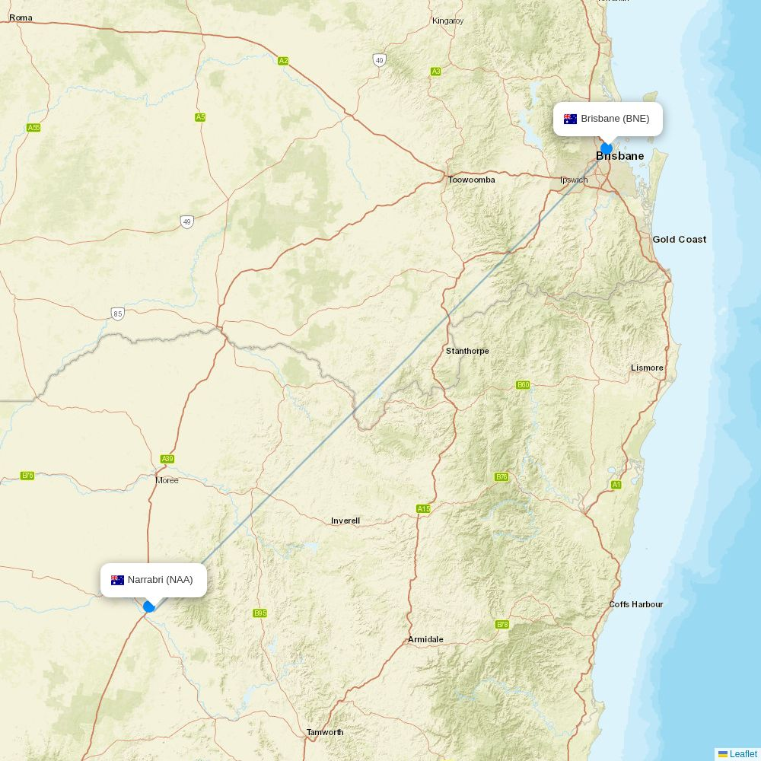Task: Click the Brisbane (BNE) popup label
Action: [607, 119]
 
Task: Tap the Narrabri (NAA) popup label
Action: [154, 580]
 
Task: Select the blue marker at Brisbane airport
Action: [607, 148]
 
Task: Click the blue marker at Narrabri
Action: [149, 607]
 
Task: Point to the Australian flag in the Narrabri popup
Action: [117, 580]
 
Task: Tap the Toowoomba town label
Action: [471, 180]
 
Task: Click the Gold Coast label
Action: [679, 239]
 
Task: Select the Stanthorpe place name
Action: [467, 351]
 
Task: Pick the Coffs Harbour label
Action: [635, 604]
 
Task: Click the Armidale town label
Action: [425, 639]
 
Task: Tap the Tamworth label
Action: [325, 732]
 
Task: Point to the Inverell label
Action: [345, 521]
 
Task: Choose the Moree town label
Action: [167, 480]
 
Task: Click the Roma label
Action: [21, 18]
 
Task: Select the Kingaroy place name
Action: [447, 21]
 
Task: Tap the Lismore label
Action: [647, 368]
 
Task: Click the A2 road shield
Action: [283, 61]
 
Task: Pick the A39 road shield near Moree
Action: [167, 459]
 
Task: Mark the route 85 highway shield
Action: [117, 314]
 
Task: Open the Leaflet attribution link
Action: [743, 753]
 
